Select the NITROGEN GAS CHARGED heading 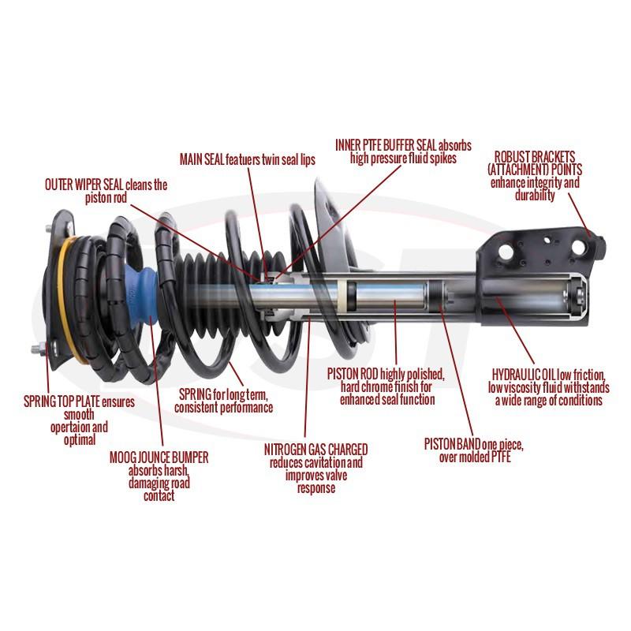pos(315,449)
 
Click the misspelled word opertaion pos(78,428)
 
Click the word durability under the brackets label pos(534,195)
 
